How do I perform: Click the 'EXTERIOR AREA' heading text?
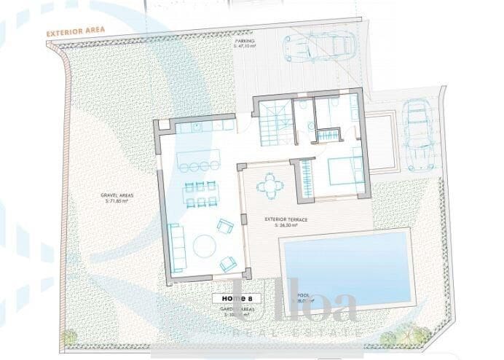point(76,33)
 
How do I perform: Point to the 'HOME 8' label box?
point(232,297)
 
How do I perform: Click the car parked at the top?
point(315,49)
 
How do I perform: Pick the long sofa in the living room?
point(175,246)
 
